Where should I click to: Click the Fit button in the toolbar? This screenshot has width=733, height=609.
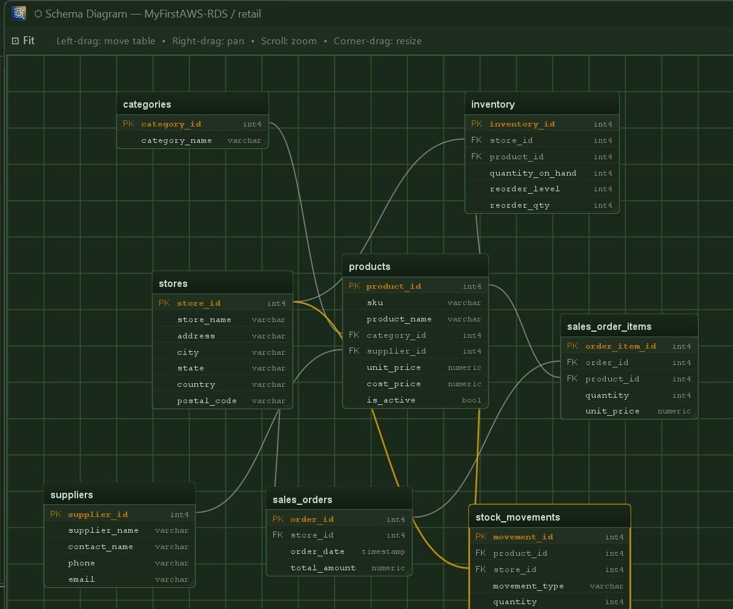click(x=23, y=41)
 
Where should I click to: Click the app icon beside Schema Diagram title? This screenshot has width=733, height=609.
click(x=19, y=14)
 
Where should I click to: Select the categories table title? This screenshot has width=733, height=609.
click(x=147, y=104)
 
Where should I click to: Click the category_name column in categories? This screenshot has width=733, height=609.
click(x=176, y=140)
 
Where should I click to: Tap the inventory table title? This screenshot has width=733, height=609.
click(x=493, y=104)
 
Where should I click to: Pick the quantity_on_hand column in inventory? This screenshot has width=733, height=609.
click(x=533, y=173)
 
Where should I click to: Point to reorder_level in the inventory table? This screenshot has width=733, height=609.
click(x=525, y=189)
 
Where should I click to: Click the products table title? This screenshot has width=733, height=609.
click(x=370, y=266)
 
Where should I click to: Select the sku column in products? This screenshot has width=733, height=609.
click(x=375, y=303)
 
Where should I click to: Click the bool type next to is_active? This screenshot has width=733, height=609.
click(x=471, y=400)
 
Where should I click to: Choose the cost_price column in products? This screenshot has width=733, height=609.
click(x=394, y=384)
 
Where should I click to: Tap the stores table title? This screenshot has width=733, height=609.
click(x=173, y=283)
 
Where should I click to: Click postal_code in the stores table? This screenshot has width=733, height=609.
click(x=207, y=401)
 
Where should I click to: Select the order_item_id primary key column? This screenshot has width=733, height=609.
click(x=620, y=346)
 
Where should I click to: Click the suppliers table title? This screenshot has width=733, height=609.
click(x=71, y=495)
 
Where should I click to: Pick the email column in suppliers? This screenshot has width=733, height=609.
click(x=81, y=579)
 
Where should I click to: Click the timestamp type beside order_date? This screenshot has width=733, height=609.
click(x=383, y=551)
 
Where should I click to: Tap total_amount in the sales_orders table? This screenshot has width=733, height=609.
click(x=323, y=568)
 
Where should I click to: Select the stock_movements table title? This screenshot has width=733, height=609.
click(x=517, y=517)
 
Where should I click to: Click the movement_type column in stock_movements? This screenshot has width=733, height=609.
click(x=528, y=586)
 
